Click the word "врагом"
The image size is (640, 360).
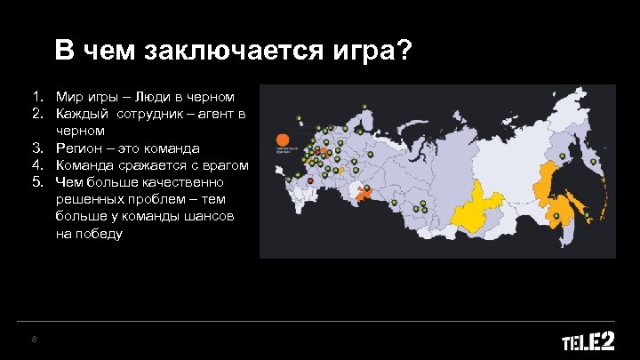pos(224,165)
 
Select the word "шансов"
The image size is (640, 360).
pos(212,217)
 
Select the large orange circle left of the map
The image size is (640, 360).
pos(280,139)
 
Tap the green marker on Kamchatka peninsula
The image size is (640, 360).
pos(594,162)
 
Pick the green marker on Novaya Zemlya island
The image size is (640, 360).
pos(365,108)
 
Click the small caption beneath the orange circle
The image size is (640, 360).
pos(284,151)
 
